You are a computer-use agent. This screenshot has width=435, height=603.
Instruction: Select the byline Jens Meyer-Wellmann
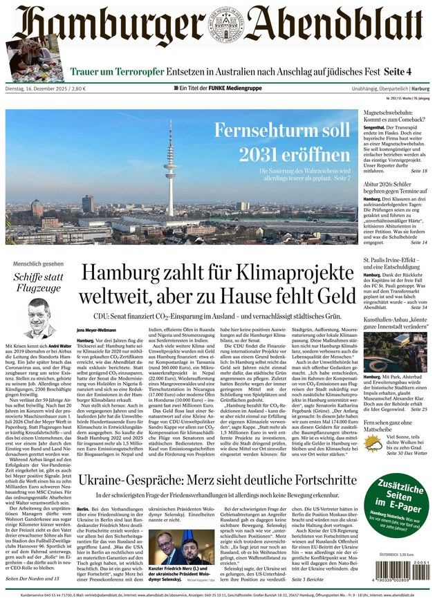(96, 329)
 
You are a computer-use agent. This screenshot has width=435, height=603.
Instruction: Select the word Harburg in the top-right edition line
(420, 89)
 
